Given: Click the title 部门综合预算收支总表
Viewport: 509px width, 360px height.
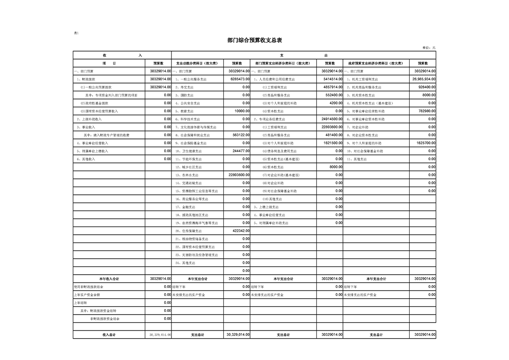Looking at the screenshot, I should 254,40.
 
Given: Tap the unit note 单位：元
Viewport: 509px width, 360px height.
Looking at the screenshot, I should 429,48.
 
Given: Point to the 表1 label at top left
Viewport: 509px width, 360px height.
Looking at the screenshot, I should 76,33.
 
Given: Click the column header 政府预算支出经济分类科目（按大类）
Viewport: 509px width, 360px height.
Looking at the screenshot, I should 376,64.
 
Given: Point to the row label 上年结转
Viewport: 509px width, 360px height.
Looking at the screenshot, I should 80,303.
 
